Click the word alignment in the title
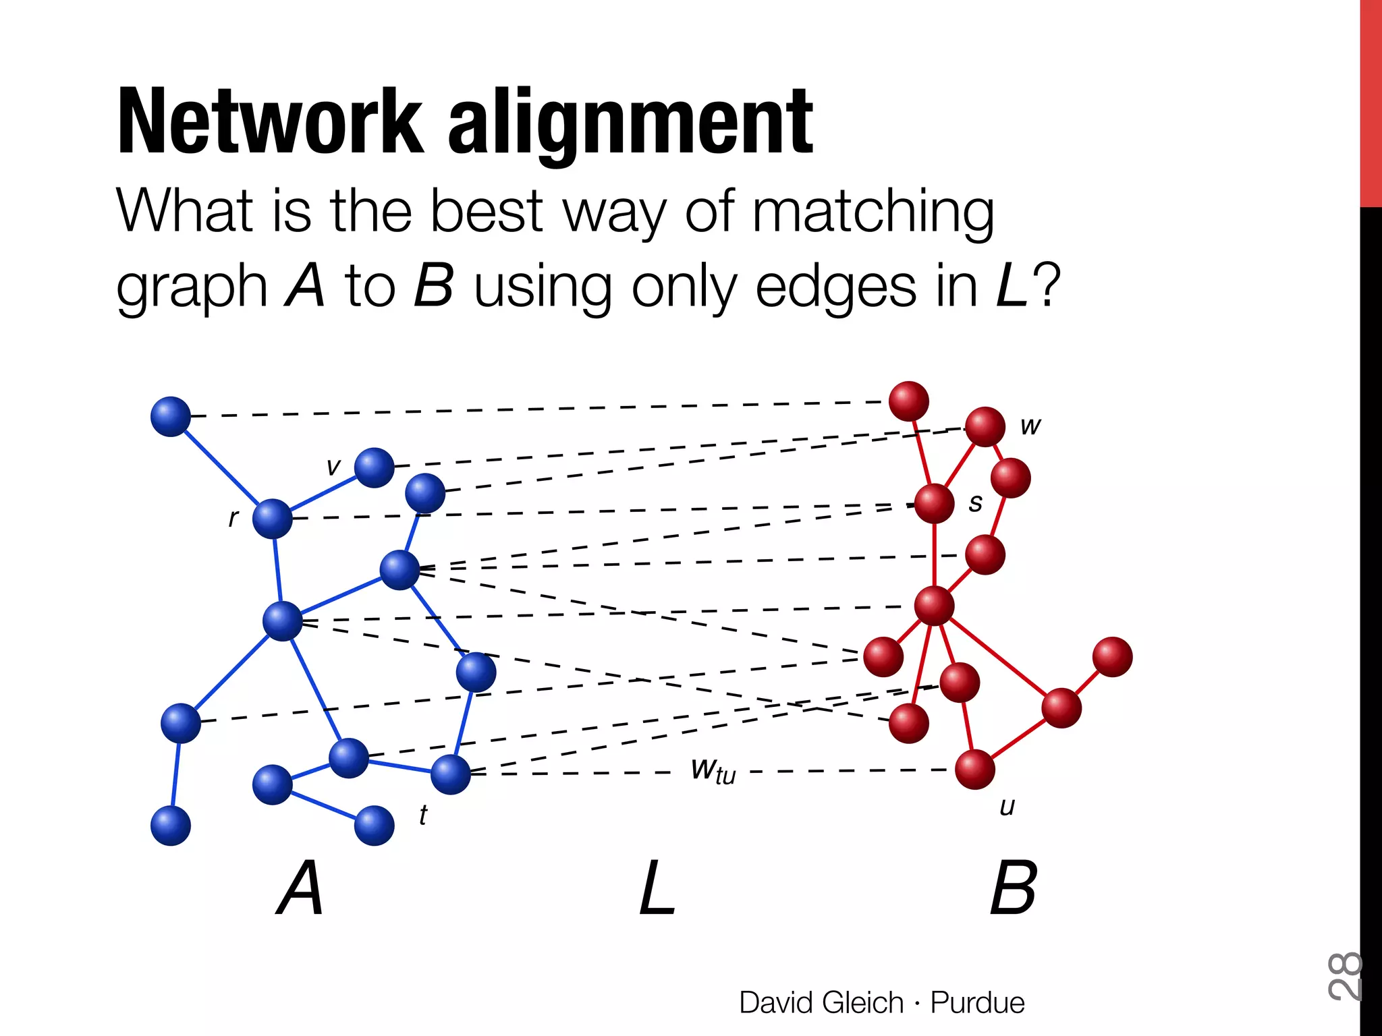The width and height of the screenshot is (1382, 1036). [630, 125]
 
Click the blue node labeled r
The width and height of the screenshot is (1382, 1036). [272, 519]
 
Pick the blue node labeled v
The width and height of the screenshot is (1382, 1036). [374, 467]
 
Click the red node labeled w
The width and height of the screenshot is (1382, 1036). [985, 426]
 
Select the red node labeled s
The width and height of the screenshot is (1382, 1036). [934, 503]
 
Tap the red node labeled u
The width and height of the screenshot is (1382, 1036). [974, 769]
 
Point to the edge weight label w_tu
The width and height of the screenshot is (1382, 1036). [713, 770]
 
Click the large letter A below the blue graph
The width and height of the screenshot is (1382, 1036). [300, 888]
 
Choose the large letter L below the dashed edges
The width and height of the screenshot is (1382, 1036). [657, 888]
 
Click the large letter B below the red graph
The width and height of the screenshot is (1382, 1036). [1013, 888]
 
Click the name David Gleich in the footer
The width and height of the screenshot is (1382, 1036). [821, 1002]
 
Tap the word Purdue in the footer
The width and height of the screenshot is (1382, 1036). [977, 1002]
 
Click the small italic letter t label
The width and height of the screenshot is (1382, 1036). [422, 815]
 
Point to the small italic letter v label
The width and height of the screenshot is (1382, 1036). [333, 467]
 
